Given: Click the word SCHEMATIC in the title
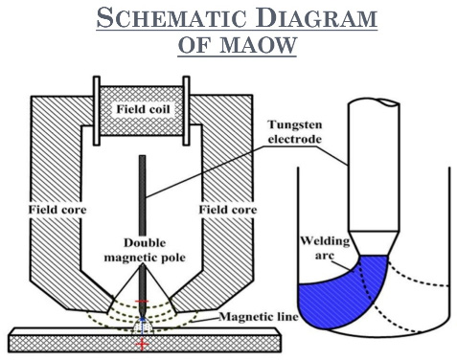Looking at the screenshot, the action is click(171, 18).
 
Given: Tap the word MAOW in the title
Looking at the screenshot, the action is click(258, 45).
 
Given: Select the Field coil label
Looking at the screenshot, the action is click(143, 109).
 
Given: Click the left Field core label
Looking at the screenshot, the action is click(57, 210).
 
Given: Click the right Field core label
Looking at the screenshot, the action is click(228, 210).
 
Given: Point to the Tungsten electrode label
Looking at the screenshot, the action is click(295, 132).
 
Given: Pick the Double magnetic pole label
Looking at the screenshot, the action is click(145, 250).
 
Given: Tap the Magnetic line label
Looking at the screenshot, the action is click(259, 317).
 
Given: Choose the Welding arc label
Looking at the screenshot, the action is click(325, 248).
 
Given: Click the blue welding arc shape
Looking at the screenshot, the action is click(345, 294).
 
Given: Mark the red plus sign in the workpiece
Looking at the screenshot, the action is click(142, 345).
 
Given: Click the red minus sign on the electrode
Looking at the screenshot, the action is click(142, 302).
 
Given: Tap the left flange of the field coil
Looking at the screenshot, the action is click(97, 111).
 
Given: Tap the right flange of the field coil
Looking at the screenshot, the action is click(186, 111).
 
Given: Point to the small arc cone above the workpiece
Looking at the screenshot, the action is click(143, 326).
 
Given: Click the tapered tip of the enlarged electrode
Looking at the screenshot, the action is click(374, 243).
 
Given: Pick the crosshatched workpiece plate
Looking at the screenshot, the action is click(146, 340).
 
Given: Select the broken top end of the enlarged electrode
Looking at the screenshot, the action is click(374, 103).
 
